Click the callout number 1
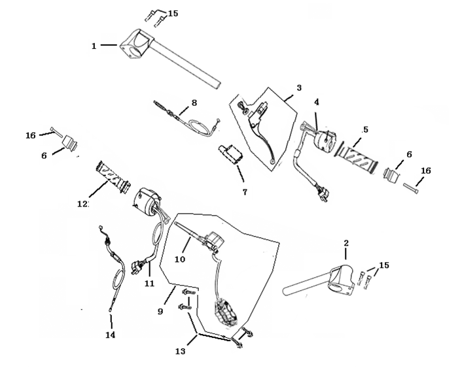(x=94, y=46)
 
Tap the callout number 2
(x=346, y=243)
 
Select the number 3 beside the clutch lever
(x=299, y=88)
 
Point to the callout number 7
(x=245, y=192)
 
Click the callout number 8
(x=194, y=103)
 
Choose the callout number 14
(x=111, y=335)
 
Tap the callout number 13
(x=181, y=351)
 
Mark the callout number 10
(x=180, y=259)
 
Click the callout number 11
(x=149, y=283)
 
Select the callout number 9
(x=160, y=311)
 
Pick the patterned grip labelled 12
(x=113, y=177)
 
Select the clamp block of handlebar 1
(x=137, y=44)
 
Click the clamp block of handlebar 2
(x=342, y=280)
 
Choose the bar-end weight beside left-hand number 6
(x=70, y=144)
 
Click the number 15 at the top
(x=173, y=14)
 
